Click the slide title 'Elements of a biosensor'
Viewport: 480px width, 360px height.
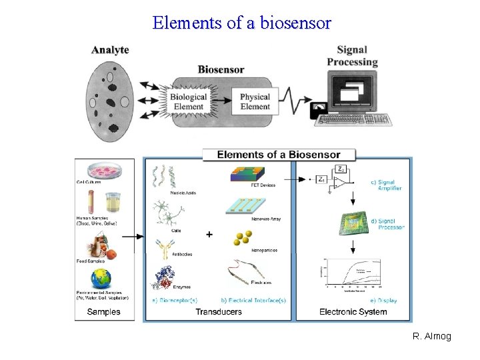241,23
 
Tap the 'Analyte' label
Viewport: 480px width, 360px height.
110,50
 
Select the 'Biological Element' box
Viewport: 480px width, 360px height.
188,101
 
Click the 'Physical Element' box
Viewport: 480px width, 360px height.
255,101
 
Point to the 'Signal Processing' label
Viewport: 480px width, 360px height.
352,56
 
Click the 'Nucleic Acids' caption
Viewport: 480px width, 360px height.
183,193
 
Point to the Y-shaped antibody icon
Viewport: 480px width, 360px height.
165,249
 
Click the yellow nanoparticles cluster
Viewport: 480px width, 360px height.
245,238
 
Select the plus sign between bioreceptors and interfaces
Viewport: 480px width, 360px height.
209,235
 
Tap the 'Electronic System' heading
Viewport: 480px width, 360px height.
353,312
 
